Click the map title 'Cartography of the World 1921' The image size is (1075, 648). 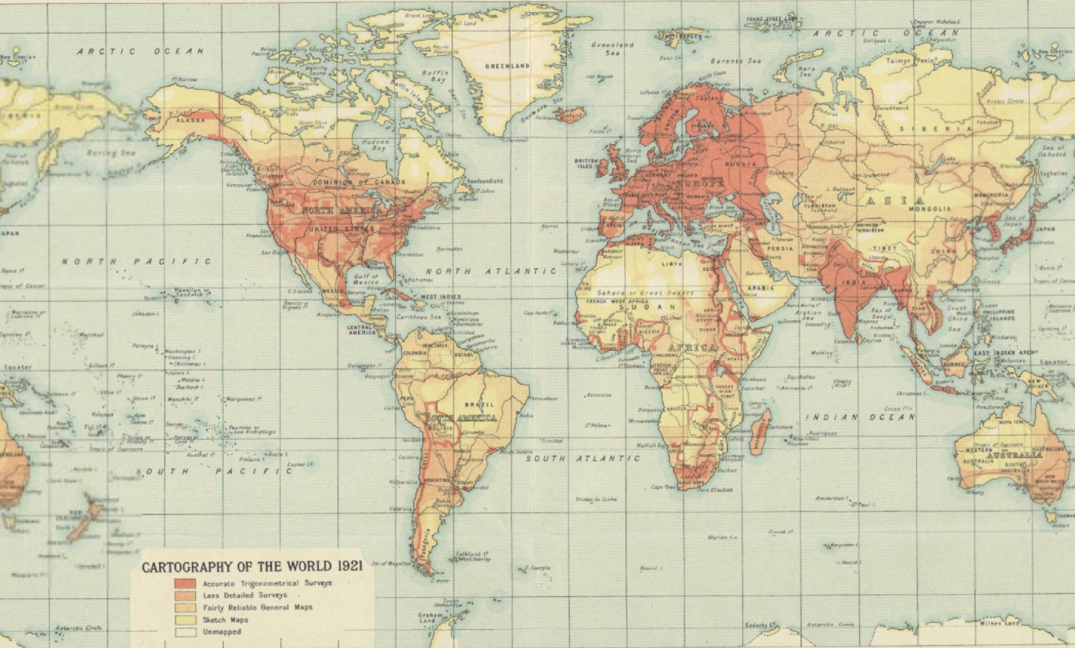(252, 567)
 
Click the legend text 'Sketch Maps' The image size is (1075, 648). (225, 620)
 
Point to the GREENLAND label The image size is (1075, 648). (508, 66)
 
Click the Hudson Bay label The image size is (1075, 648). (376, 145)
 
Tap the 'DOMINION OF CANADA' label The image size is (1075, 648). (358, 182)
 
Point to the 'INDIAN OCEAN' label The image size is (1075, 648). (860, 417)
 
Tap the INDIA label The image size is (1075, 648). (854, 283)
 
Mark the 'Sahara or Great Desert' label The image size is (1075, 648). (645, 293)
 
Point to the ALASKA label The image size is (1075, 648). (190, 120)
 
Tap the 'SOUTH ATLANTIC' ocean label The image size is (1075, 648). (583, 458)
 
